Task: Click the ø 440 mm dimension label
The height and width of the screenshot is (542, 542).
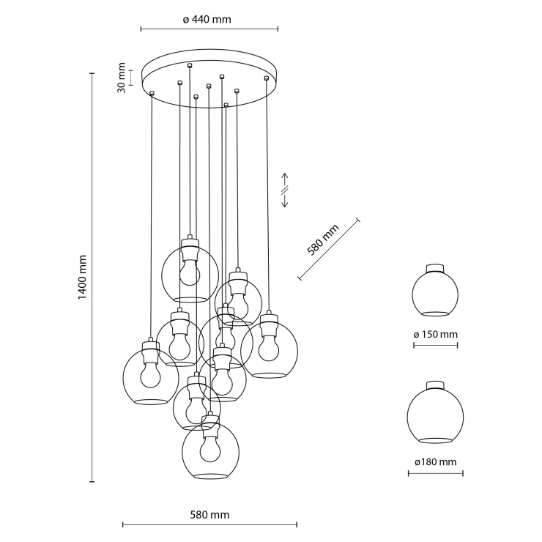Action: pyautogui.click(x=207, y=19)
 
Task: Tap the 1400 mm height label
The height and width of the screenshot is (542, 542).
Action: pyautogui.click(x=82, y=277)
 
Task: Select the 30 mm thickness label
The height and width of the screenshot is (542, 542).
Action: pyautogui.click(x=122, y=78)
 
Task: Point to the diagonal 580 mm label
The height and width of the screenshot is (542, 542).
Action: pyautogui.click(x=323, y=240)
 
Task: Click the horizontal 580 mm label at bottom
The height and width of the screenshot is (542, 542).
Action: pyautogui.click(x=209, y=515)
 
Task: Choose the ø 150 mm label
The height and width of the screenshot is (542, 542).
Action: pyautogui.click(x=435, y=334)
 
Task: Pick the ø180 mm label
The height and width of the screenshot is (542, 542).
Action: pyautogui.click(x=436, y=462)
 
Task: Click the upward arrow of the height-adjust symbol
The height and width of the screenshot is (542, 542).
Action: pyautogui.click(x=285, y=179)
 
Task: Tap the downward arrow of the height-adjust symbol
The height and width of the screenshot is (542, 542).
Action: pyautogui.click(x=285, y=200)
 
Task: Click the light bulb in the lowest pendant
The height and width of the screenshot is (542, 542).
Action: pyautogui.click(x=210, y=448)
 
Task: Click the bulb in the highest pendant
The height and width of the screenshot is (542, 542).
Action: pyautogui.click(x=190, y=272)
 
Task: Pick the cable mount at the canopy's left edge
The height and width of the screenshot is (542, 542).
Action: pyautogui.click(x=152, y=92)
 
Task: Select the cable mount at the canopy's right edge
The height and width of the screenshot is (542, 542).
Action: pyautogui.click(x=266, y=78)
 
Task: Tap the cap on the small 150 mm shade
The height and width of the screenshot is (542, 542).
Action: pyautogui.click(x=435, y=269)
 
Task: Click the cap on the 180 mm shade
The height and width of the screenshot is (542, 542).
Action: pyautogui.click(x=435, y=385)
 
